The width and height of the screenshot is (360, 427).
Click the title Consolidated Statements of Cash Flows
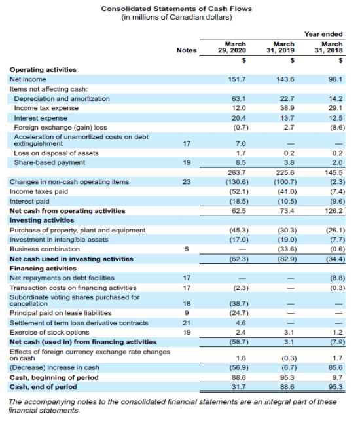[176, 8]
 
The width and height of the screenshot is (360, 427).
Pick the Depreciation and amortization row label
[62, 98]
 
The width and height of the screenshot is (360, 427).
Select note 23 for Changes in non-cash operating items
[187, 181]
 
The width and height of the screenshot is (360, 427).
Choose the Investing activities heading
[41, 220]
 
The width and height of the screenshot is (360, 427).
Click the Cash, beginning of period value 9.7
[337, 378]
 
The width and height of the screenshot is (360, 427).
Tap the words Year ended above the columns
[326, 34]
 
